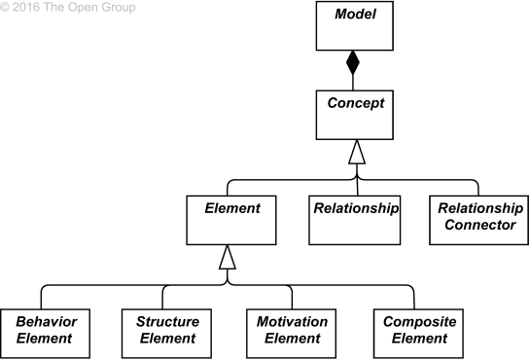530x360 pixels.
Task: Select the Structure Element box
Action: pyautogui.click(x=166, y=331)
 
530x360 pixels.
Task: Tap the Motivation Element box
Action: pyautogui.click(x=291, y=331)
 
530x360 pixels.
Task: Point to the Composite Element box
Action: pyautogui.click(x=414, y=331)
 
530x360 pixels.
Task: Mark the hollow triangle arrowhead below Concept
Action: pyautogui.click(x=357, y=151)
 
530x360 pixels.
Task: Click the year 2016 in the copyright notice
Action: pyautogui.click(x=29, y=8)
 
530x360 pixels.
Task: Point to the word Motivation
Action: pyautogui.click(x=291, y=321)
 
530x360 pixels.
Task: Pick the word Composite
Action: pyautogui.click(x=414, y=321)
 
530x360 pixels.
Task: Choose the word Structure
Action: pyautogui.click(x=166, y=321)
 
